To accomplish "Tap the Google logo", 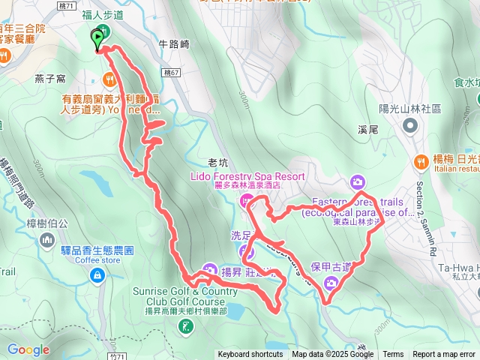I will pyautogui.click(x=28, y=349).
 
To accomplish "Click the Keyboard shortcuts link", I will pyautogui.click(x=250, y=355).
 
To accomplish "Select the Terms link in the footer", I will pyautogui.click(x=393, y=355).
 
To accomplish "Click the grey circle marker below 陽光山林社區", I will pyautogui.click(x=412, y=125).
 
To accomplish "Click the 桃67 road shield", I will pyautogui.click(x=170, y=72).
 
